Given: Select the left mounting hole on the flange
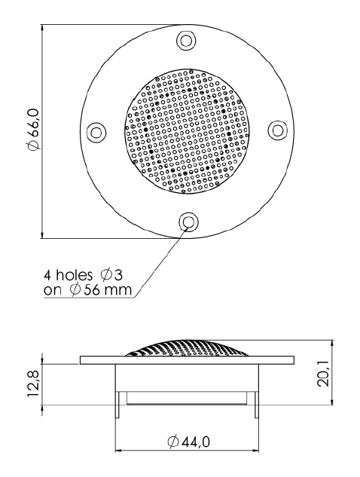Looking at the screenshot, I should pyautogui.click(x=96, y=132).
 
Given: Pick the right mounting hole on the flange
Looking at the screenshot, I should pyautogui.click(x=276, y=131).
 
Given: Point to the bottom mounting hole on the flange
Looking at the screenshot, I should pyautogui.click(x=187, y=222).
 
